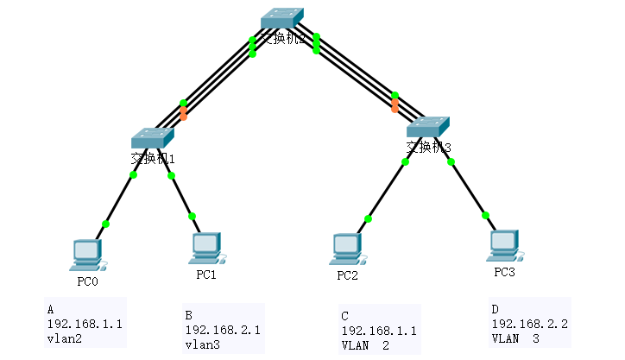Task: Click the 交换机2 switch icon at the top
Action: pyautogui.click(x=283, y=20)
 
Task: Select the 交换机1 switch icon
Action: pyautogui.click(x=153, y=137)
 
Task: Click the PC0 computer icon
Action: pyautogui.click(x=85, y=253)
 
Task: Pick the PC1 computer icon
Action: pyautogui.click(x=206, y=248)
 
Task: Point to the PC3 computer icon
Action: pyautogui.click(x=502, y=245)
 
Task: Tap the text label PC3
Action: pyautogui.click(x=503, y=273)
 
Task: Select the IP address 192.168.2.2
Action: pyautogui.click(x=528, y=323)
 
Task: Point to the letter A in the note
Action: pyautogui.click(x=51, y=309)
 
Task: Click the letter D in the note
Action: pyautogui.click(x=495, y=308)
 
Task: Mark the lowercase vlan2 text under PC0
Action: pyautogui.click(x=64, y=339)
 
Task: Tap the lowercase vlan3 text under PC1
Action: pyautogui.click(x=202, y=344)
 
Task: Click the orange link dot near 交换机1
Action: pyautogui.click(x=183, y=113)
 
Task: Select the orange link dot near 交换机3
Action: pyautogui.click(x=395, y=106)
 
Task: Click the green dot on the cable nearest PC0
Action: pyautogui.click(x=105, y=224)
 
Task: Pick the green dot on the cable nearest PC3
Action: pyautogui.click(x=486, y=215)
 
